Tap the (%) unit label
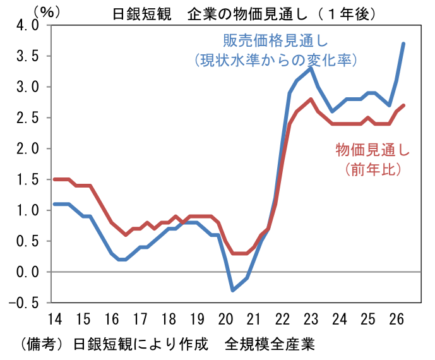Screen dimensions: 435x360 46,11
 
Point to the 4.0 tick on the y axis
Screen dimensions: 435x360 28,25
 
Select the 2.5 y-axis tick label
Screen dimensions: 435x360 28,118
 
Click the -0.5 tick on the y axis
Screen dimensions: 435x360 24,303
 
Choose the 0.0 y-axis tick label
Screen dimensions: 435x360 28,272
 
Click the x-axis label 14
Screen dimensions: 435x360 55,319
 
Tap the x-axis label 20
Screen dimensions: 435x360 225,319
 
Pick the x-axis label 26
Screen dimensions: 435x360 396,319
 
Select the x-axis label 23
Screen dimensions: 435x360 311,319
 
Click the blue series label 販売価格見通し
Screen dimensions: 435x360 275,41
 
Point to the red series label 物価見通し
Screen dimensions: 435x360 372,150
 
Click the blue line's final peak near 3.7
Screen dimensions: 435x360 403,44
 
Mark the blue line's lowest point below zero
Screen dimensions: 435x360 232,291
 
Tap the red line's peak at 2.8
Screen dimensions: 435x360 311,99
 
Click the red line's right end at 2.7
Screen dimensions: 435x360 403,105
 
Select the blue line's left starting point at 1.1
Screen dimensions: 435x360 55,204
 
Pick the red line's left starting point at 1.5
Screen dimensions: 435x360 55,179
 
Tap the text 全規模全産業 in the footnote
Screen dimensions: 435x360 270,345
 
